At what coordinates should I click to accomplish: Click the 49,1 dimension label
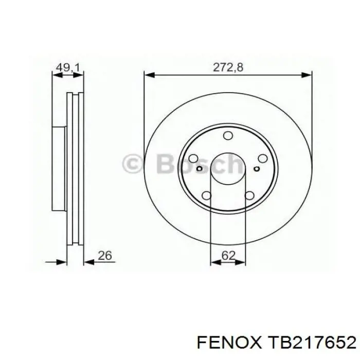tap(68, 67)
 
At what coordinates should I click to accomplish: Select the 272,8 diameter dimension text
tap(228, 67)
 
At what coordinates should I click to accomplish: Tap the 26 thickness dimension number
tap(105, 255)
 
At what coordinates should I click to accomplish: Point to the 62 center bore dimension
tap(229, 255)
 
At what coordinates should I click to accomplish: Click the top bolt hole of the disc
tap(228, 135)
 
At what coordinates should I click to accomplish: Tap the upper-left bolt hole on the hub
tap(193, 158)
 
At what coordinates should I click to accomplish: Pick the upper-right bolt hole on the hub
tap(262, 158)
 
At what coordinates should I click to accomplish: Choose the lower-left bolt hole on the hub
tap(206, 195)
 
